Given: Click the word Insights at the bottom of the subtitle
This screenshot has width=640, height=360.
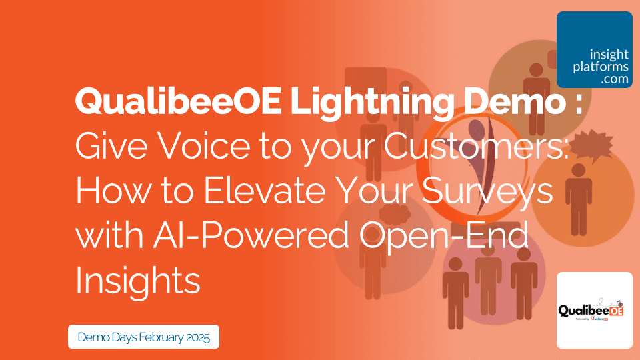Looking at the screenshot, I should [x=138, y=280].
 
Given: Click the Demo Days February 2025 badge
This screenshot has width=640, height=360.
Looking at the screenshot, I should [x=143, y=337].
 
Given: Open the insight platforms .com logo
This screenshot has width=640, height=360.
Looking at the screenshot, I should [x=594, y=49].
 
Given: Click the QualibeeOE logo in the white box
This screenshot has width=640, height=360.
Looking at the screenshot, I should [x=594, y=310].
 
